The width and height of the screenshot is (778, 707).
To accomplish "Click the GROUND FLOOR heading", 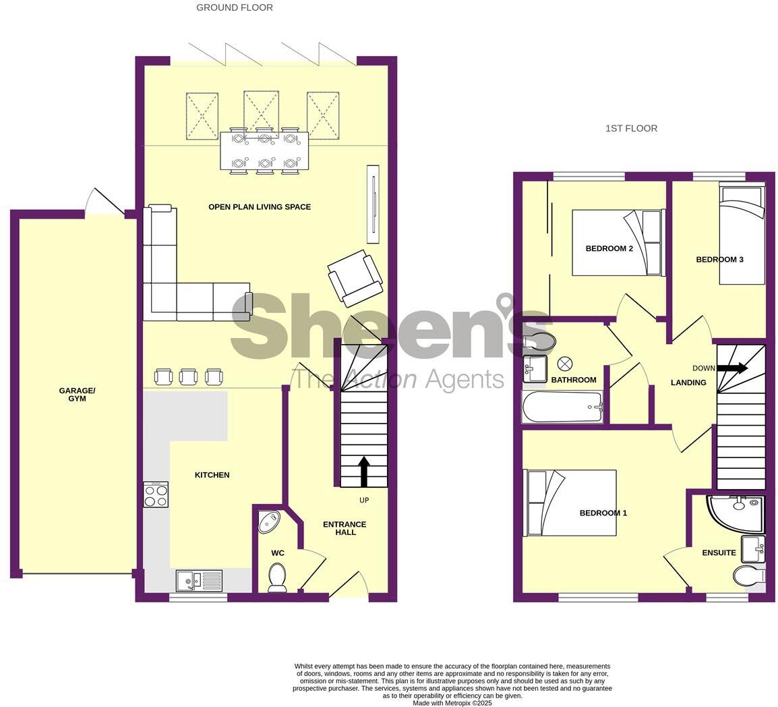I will tap(235, 7).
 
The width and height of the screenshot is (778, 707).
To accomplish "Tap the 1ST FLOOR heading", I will tap(631, 128).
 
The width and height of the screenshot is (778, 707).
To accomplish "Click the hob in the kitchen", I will tap(156, 494).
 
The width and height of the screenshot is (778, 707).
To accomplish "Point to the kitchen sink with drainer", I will tap(199, 580).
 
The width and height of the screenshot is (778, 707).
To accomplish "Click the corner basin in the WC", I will tap(270, 521).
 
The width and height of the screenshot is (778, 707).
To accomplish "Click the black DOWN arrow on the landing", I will tap(731, 368).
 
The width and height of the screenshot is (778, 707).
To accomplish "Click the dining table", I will tap(264, 150).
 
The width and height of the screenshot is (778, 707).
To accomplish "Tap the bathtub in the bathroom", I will tap(562, 407).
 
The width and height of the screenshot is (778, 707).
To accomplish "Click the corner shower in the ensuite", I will tap(737, 513).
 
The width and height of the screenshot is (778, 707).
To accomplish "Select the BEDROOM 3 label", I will tap(719, 260).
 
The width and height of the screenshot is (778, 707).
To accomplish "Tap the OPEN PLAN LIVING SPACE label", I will tap(260, 207).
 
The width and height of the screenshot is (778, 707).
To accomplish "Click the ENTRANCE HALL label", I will tap(345, 528).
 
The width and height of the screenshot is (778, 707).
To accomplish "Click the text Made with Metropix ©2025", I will tap(452, 703).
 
